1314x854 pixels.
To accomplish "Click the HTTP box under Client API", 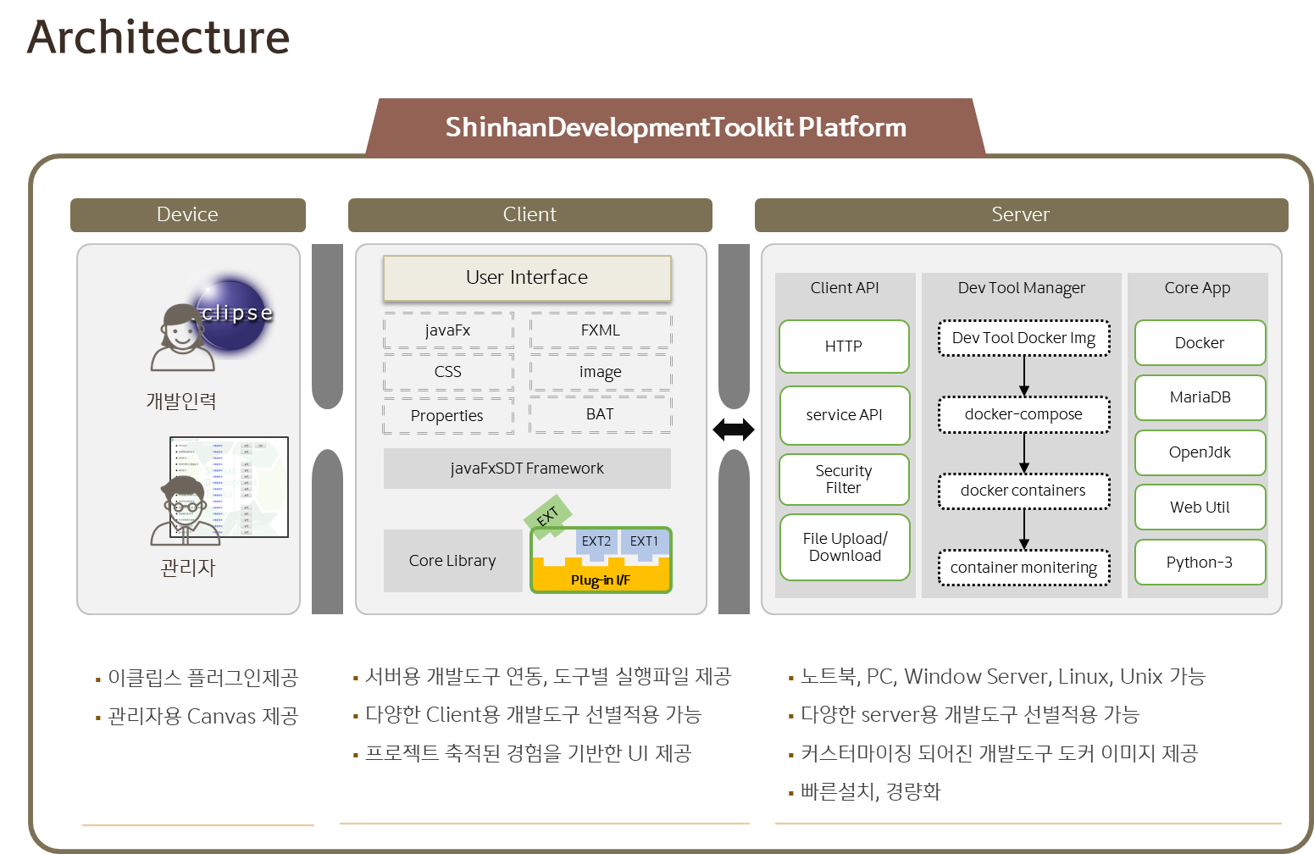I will (x=844, y=347).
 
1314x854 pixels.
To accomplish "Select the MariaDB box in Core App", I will (x=1200, y=397).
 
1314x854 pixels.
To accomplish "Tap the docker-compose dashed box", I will (x=1023, y=414).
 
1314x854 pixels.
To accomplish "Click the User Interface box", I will (x=527, y=278).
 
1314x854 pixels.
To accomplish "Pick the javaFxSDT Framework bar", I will (x=527, y=469).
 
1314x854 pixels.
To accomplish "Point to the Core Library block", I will (x=452, y=561).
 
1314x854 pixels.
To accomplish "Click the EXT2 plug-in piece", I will (x=596, y=542).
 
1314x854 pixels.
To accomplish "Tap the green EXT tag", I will (x=547, y=516).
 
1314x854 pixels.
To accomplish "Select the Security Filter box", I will (x=844, y=480).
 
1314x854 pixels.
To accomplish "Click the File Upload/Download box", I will (x=845, y=547).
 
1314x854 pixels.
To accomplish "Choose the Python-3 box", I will (x=1200, y=563).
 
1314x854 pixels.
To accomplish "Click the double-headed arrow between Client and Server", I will (x=734, y=430).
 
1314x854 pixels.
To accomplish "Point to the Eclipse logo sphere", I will (x=233, y=314).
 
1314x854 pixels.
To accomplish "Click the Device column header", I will (x=187, y=215).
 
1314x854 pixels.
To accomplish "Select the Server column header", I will (x=1021, y=215).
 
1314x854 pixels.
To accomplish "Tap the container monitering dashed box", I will (x=1023, y=568).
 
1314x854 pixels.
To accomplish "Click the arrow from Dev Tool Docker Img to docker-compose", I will (x=1024, y=375).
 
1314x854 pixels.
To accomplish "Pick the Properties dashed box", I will (x=447, y=416).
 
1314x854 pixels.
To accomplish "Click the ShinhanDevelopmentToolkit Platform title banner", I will (x=676, y=128).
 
